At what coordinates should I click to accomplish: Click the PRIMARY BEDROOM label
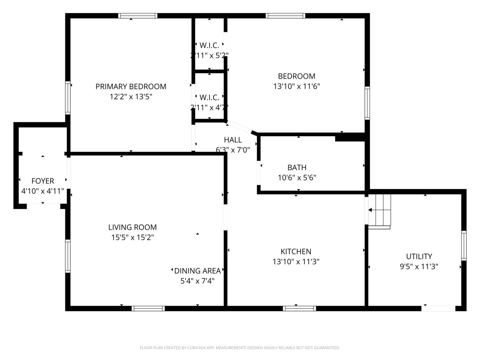tap(131, 87)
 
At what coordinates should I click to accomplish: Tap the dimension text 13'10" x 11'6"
tap(296, 87)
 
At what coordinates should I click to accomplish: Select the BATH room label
tap(297, 167)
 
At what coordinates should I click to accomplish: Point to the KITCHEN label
tap(296, 252)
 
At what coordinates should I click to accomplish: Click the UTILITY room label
tap(419, 256)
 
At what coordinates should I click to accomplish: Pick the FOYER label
tap(43, 181)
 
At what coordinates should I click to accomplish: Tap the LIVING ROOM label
tap(132, 227)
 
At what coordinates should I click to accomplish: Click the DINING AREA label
tap(197, 271)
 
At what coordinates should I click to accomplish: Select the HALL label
tap(233, 140)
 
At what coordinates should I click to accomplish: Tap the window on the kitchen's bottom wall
tap(299, 308)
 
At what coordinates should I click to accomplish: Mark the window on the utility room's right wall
tap(464, 245)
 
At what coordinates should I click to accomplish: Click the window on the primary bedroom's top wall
tap(138, 16)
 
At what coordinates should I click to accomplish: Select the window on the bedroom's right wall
tap(367, 103)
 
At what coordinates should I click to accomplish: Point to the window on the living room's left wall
tap(68, 256)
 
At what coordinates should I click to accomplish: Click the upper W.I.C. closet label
tap(209, 46)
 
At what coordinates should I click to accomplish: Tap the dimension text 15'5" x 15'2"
tap(132, 238)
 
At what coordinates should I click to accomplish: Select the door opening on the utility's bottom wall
tap(438, 308)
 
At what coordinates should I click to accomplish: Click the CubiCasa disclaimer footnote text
tap(240, 348)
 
